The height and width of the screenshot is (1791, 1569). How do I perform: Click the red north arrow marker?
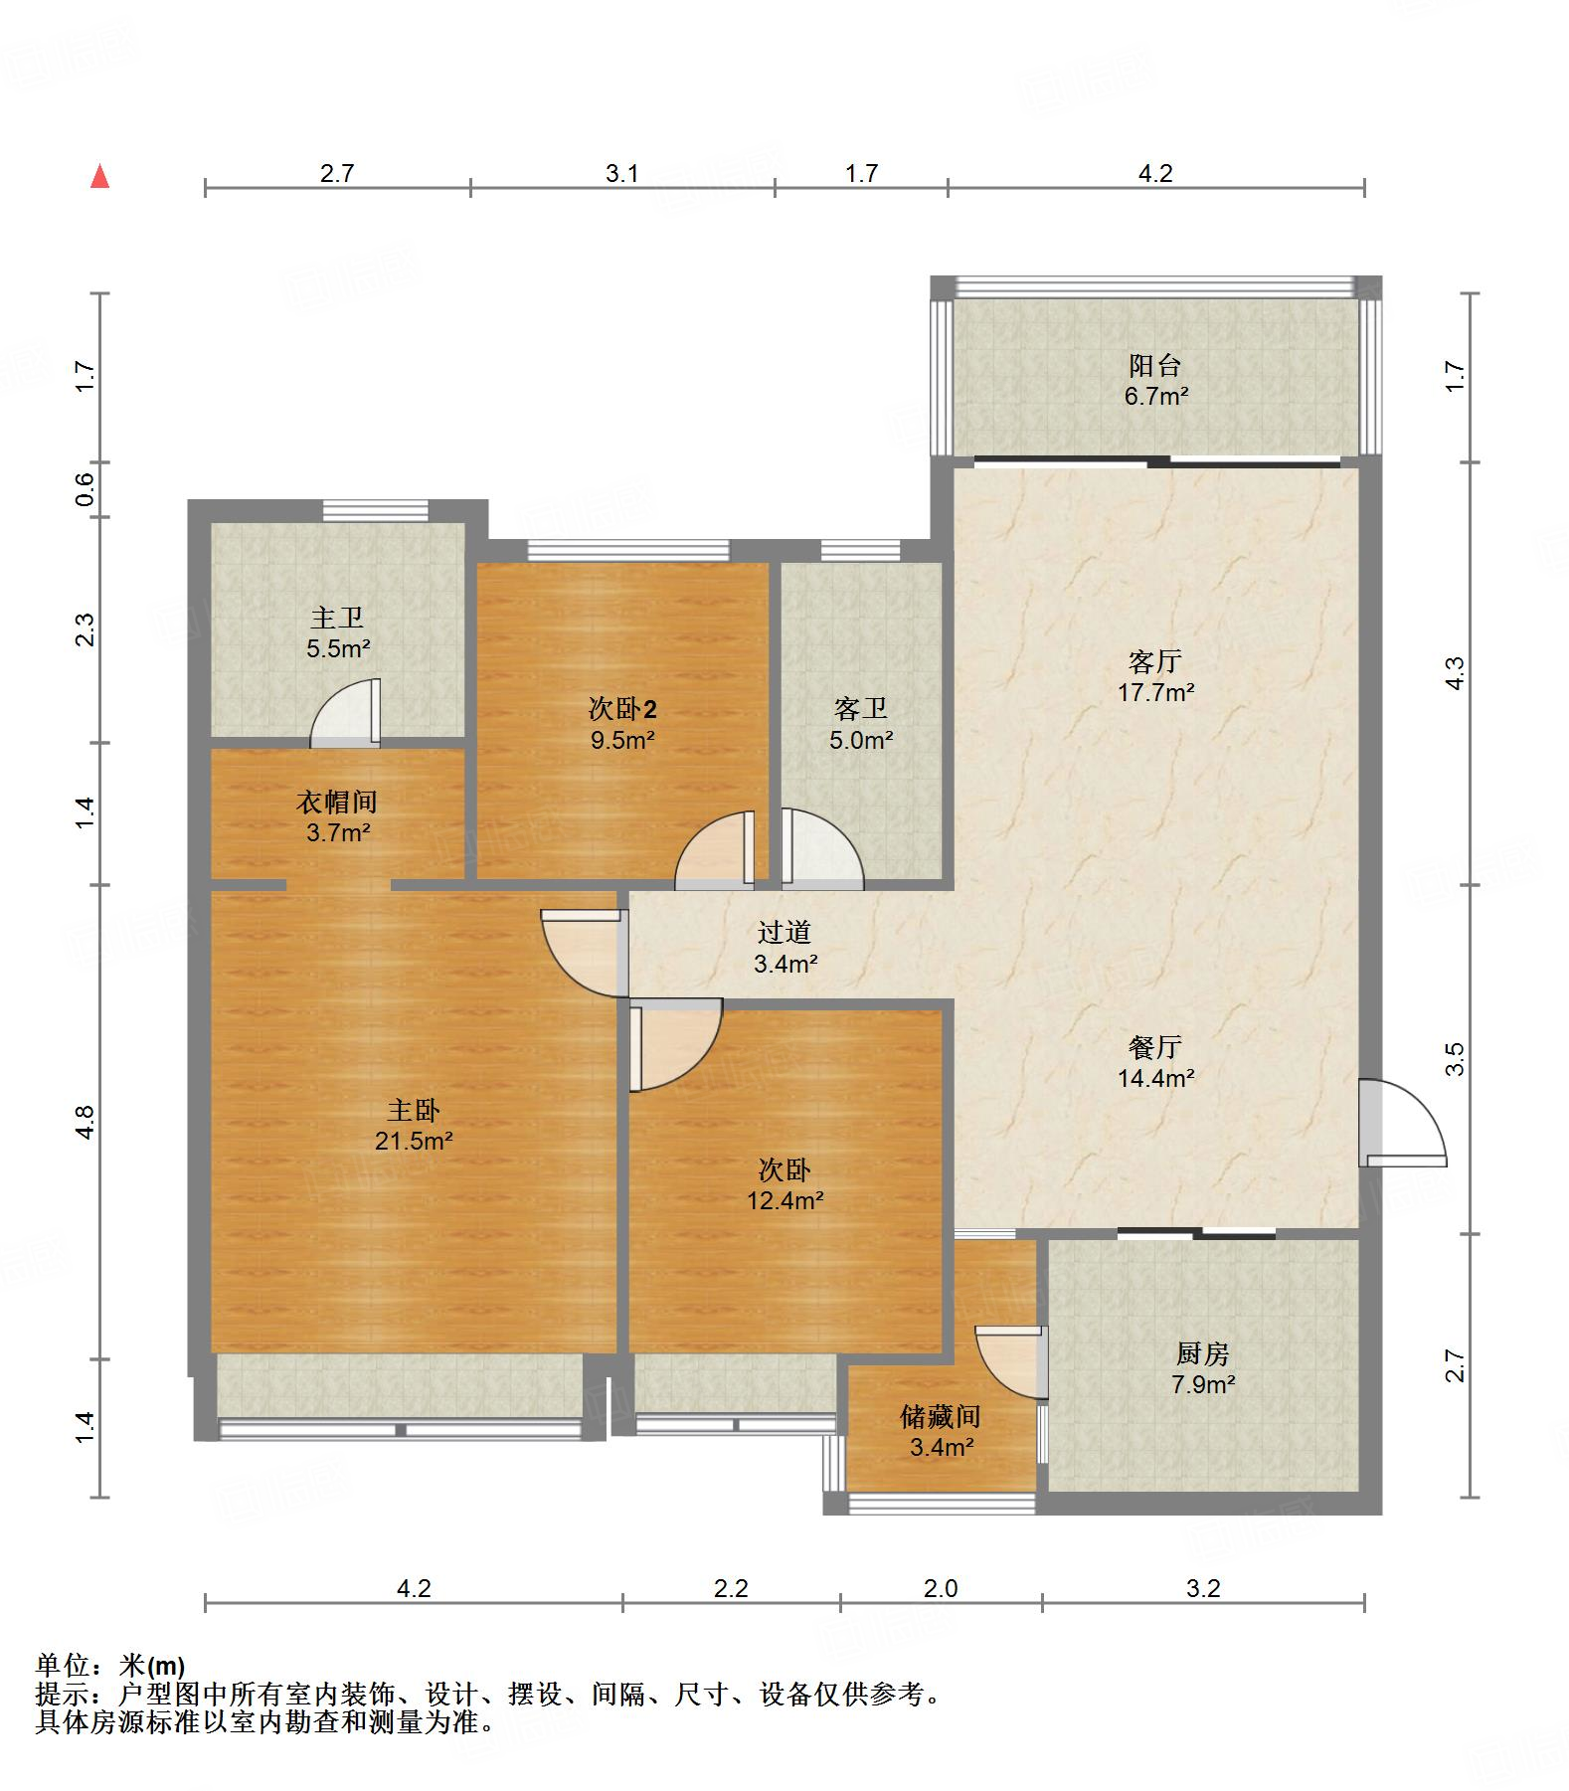pos(99,177)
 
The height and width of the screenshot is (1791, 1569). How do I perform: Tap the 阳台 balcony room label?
pos(1154,365)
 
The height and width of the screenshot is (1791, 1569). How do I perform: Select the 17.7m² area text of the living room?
pos(1155,692)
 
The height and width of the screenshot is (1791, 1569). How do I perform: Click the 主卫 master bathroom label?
pos(337,618)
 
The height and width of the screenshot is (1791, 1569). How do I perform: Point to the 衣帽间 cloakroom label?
pos(337,802)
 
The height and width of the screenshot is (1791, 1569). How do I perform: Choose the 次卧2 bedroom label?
pos(622,709)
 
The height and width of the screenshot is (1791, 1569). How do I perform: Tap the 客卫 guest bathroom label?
pos(861,709)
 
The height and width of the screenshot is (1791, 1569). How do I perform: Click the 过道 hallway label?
pos(784,932)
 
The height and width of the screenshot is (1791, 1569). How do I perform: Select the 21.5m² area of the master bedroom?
pos(414,1141)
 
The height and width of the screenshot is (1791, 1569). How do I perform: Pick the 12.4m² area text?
pos(784,1200)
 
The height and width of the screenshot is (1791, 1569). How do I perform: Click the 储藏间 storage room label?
pos(941,1415)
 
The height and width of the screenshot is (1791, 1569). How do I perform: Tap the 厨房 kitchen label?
pos(1203,1353)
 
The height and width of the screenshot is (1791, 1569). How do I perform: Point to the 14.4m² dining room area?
pos(1155,1077)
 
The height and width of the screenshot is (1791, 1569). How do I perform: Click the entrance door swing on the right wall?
pos(1403,1122)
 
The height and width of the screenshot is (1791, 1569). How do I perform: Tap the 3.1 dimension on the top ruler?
pos(622,173)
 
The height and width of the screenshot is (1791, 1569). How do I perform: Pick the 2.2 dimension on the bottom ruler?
pos(731,1588)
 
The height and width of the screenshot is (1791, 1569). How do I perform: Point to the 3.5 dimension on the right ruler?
pos(1455,1059)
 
